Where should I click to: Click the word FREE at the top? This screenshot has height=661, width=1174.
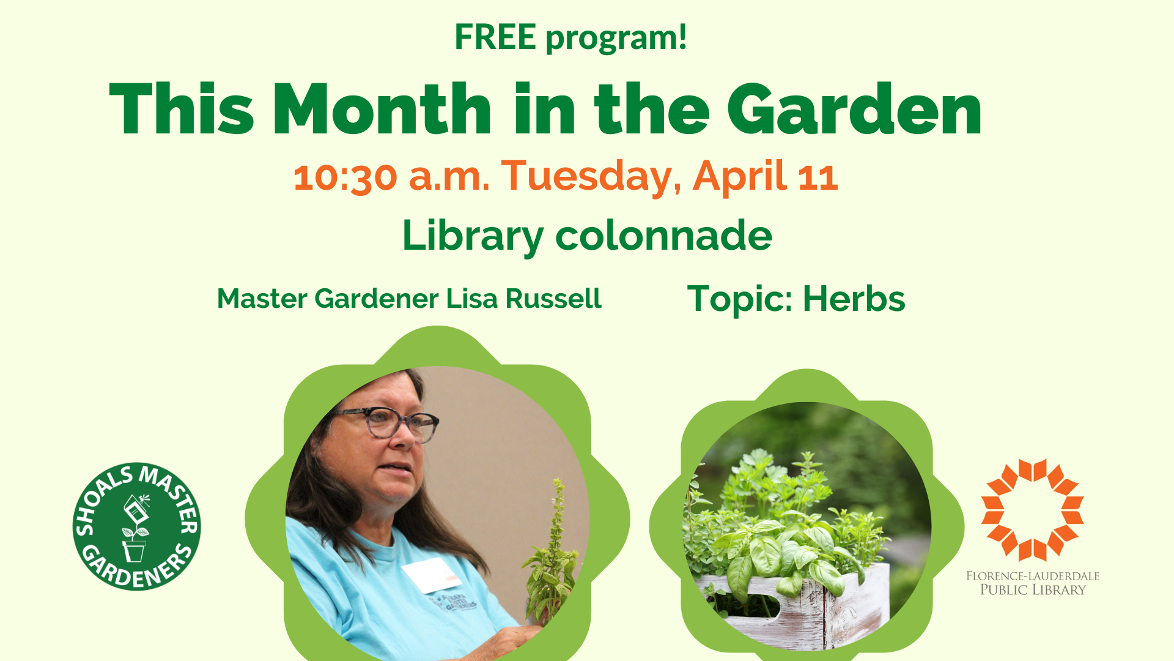495,37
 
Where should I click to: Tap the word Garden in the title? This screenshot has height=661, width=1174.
854,109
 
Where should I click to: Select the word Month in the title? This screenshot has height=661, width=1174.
382,109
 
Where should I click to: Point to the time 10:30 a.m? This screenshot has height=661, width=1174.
391,176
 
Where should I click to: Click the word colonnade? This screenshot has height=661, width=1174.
663,236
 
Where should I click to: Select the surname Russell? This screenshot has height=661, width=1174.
553,299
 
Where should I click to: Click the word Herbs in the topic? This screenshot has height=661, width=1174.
854,299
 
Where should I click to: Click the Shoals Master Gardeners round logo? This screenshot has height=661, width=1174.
136,526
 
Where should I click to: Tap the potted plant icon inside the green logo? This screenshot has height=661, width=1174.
135,529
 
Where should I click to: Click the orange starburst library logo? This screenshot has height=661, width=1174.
1033,510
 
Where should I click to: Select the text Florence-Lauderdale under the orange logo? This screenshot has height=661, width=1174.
1033,576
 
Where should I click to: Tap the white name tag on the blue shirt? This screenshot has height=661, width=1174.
431,575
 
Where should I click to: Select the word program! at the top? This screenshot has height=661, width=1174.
616,38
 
